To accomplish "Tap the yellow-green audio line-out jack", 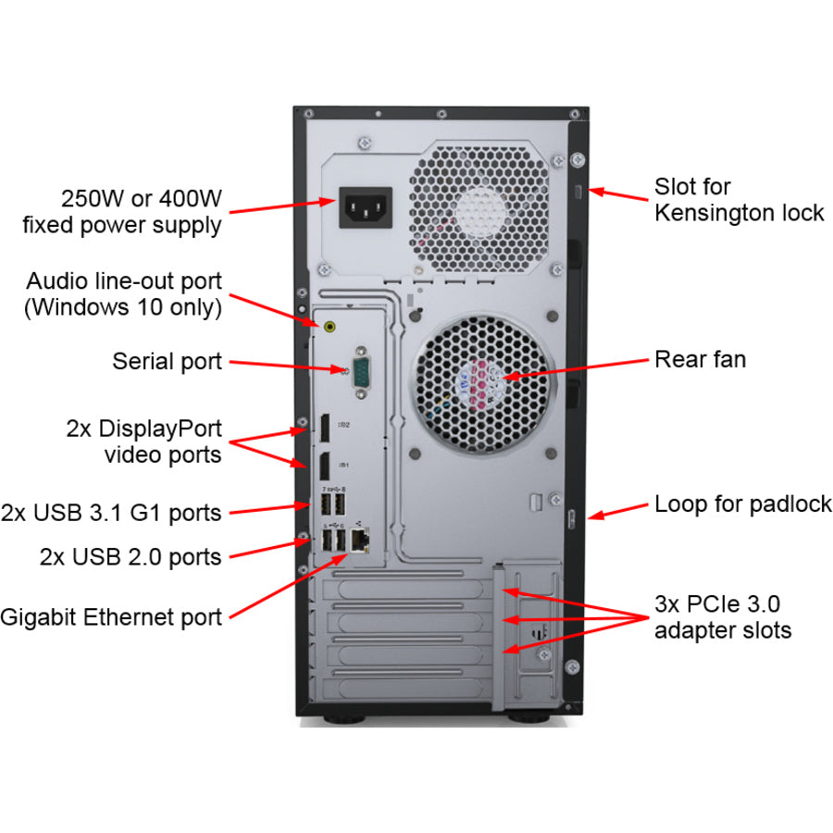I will tap(331, 326).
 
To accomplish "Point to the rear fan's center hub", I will tap(482, 385).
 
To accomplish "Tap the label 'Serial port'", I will tap(167, 360).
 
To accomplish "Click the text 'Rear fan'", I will tap(700, 359).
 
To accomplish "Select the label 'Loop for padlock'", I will tap(742, 504).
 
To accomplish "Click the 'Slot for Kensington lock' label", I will tap(738, 200).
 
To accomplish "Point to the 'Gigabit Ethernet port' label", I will tap(111, 617).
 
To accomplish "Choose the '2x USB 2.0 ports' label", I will tap(131, 556).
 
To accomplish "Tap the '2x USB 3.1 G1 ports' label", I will tap(111, 511).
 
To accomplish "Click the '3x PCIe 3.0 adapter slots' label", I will tap(722, 617).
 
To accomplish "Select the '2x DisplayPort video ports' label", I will tap(143, 441).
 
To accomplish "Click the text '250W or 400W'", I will tap(141, 198).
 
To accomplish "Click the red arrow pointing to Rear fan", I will tap(575, 367).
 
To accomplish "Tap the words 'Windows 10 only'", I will tap(130, 306).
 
